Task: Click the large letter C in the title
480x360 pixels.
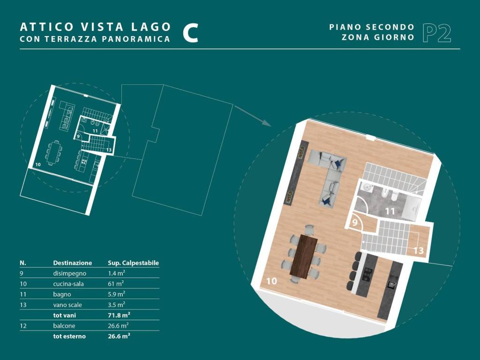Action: click(x=190, y=33)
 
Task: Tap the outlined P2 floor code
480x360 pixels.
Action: click(x=437, y=33)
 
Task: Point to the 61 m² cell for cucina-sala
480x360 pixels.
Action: click(x=116, y=284)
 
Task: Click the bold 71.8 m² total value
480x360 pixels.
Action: click(x=119, y=315)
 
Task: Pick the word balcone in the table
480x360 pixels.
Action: click(x=64, y=326)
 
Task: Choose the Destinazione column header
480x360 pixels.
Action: click(x=73, y=263)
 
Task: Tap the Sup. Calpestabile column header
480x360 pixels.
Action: click(x=134, y=263)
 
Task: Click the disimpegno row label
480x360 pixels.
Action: click(x=69, y=273)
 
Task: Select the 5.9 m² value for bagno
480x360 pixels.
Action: click(x=116, y=294)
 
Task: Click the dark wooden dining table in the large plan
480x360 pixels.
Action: click(x=304, y=256)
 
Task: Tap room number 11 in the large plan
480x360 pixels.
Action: click(x=390, y=211)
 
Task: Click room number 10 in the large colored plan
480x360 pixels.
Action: click(x=271, y=281)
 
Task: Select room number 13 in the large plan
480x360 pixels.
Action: click(x=419, y=251)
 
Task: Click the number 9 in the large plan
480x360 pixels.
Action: click(x=355, y=222)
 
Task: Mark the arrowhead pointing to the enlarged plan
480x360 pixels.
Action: click(x=267, y=123)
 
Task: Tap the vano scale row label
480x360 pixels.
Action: click(x=67, y=305)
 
